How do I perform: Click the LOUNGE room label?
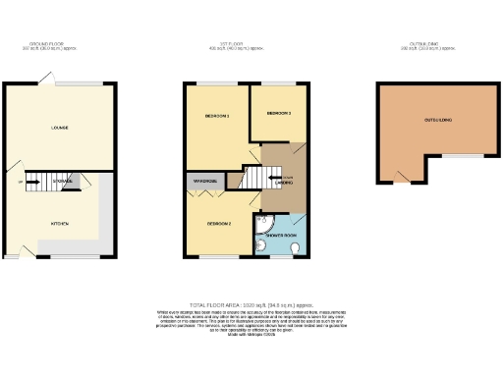[59, 127]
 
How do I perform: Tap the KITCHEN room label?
[59, 223]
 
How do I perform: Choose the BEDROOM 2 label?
[218, 223]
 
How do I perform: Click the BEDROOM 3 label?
[279, 113]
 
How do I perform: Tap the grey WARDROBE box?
[204, 181]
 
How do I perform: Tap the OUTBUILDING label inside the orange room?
[438, 120]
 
